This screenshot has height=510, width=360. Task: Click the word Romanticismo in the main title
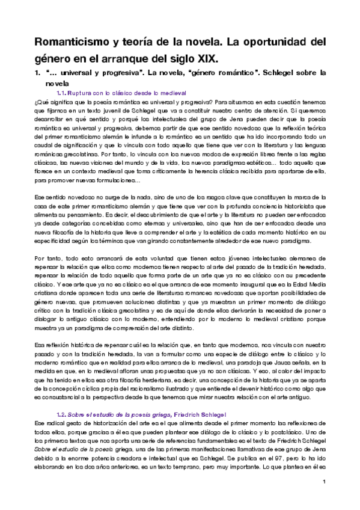click(x=71, y=43)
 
